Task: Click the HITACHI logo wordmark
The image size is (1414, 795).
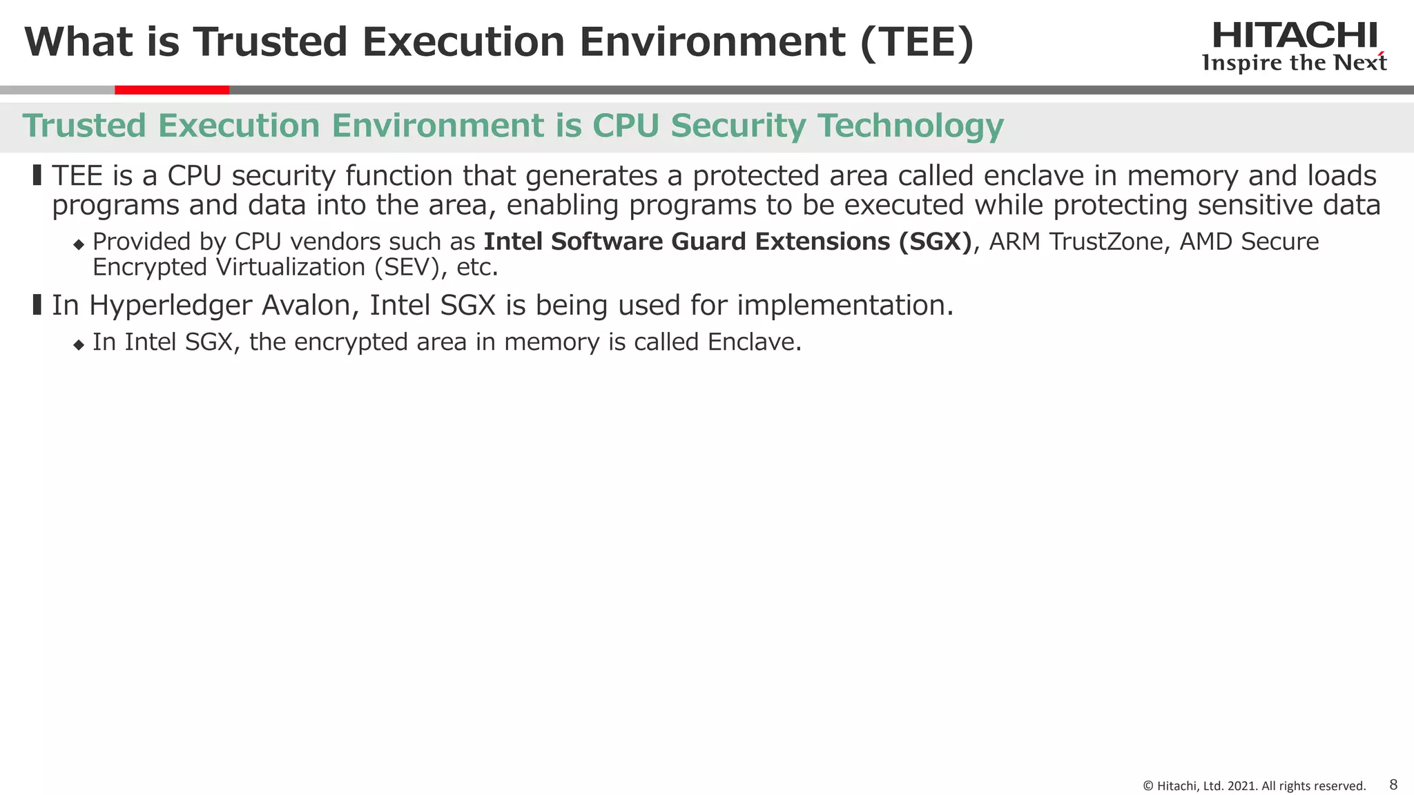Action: click(x=1295, y=36)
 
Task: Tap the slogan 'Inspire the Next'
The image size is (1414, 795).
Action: click(x=1295, y=63)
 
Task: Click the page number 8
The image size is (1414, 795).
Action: click(x=1393, y=785)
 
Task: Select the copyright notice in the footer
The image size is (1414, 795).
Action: click(x=1254, y=786)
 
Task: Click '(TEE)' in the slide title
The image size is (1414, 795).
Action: click(x=917, y=42)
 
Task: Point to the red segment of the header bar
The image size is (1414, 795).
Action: click(x=172, y=90)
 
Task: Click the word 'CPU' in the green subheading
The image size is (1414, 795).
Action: click(x=626, y=126)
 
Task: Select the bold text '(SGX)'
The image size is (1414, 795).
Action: click(x=935, y=242)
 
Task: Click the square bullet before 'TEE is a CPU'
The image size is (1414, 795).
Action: click(x=37, y=175)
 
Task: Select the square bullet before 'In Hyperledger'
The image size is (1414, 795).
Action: click(x=37, y=304)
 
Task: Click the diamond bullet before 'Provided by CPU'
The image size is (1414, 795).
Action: click(x=78, y=244)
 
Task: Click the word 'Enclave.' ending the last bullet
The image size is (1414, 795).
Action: click(x=755, y=342)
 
